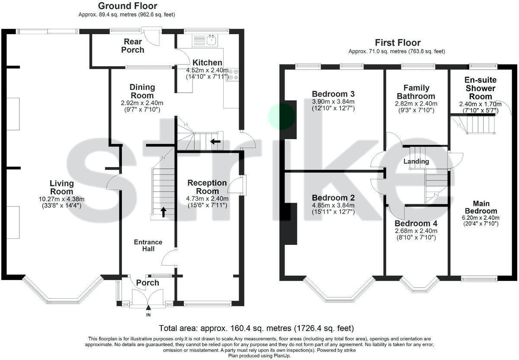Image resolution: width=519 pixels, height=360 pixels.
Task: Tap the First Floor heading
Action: pyautogui.click(x=397, y=42)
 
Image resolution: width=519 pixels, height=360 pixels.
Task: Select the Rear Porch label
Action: pyautogui.click(x=133, y=46)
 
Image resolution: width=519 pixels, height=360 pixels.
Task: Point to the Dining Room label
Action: pyautogui.click(x=142, y=91)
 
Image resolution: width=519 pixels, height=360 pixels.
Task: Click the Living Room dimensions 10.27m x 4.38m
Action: pyautogui.click(x=61, y=199)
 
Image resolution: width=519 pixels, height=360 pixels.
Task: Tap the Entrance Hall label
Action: pyautogui.click(x=148, y=245)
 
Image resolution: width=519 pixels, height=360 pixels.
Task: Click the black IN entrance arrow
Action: pyautogui.click(x=148, y=308)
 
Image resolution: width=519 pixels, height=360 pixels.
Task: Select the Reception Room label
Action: pyautogui.click(x=207, y=187)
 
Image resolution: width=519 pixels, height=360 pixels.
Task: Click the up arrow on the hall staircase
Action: pyautogui.click(x=163, y=212)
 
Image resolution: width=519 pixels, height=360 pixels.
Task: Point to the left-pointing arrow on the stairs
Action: pyautogui.click(x=215, y=141)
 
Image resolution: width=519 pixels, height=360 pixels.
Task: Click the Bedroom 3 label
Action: pyautogui.click(x=333, y=94)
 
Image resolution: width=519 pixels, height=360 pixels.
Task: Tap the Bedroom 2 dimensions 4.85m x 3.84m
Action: pyautogui.click(x=333, y=205)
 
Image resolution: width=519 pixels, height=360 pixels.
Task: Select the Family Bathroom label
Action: pyautogui.click(x=416, y=92)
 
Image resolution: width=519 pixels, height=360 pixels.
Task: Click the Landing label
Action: pyautogui.click(x=416, y=161)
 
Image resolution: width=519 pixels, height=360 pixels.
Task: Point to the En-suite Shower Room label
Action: pyautogui.click(x=481, y=88)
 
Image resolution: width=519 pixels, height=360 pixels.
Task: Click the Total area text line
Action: pyautogui.click(x=256, y=328)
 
